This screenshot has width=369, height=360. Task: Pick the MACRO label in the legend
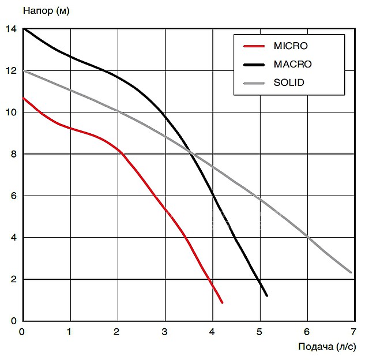coord(292,64)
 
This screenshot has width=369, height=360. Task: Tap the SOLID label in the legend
coord(289,82)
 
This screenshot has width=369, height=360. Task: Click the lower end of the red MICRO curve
coord(222,302)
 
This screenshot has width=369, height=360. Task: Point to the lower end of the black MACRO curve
coord(267,296)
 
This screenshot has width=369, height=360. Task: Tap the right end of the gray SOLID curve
coord(351,272)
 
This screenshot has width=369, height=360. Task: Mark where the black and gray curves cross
coord(193,153)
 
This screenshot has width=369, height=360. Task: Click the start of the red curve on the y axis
coord(23,98)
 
